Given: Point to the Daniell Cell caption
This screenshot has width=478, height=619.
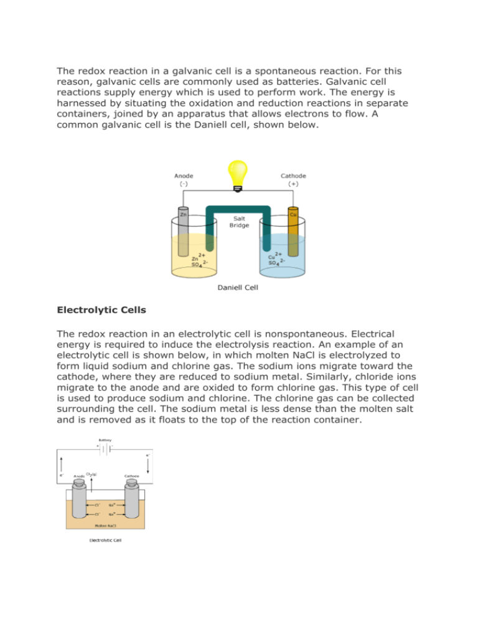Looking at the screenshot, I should (x=238, y=287).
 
